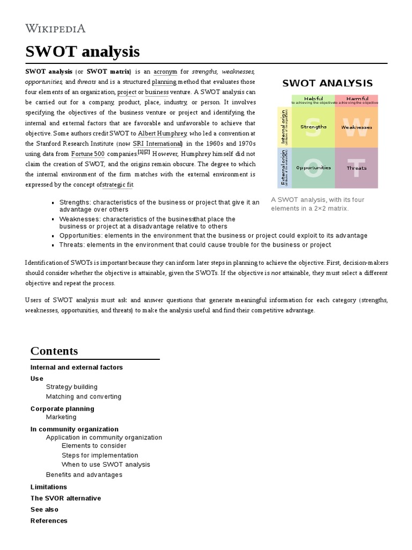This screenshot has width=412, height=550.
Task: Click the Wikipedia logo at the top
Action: click(55, 28)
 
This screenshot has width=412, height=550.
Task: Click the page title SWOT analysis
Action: click(83, 52)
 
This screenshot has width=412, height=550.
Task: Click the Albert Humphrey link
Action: click(163, 133)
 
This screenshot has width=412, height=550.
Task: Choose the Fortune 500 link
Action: click(89, 154)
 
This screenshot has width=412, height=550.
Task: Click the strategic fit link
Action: click(117, 185)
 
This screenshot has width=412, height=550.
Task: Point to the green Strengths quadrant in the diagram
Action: click(313, 127)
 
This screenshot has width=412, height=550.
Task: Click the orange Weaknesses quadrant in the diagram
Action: click(356, 127)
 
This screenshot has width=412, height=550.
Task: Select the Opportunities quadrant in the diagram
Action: click(313, 168)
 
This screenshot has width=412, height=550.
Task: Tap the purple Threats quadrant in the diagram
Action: click(356, 168)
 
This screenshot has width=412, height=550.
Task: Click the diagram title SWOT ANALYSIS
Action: click(327, 83)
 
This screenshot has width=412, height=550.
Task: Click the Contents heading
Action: click(54, 351)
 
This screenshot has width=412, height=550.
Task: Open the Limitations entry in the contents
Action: click(49, 487)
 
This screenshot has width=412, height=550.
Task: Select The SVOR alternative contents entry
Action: click(65, 498)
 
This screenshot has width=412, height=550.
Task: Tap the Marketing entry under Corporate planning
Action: click(61, 417)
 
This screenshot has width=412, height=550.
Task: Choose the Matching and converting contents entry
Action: click(84, 396)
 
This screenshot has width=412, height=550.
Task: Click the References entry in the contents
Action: click(49, 520)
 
